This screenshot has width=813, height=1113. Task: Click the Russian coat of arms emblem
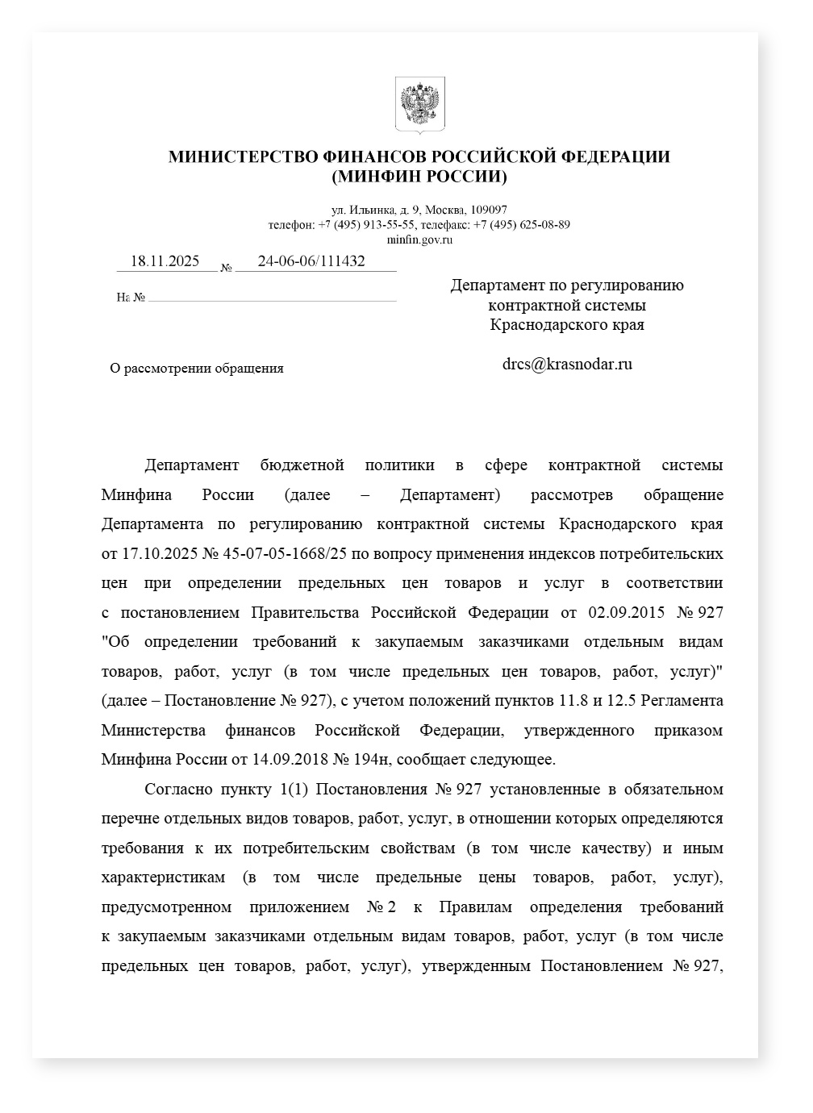419,105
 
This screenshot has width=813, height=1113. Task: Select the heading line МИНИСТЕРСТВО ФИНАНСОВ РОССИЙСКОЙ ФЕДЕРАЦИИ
419,156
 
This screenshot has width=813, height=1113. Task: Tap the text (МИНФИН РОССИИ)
419,176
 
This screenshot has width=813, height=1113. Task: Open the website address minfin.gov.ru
419,239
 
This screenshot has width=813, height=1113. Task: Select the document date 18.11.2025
165,261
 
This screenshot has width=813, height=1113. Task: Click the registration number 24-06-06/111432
311,261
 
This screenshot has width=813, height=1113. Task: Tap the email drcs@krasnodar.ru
567,364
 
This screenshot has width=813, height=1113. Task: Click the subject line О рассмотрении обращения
197,369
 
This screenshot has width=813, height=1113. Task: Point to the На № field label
131,298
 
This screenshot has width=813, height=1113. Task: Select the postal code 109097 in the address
489,210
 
